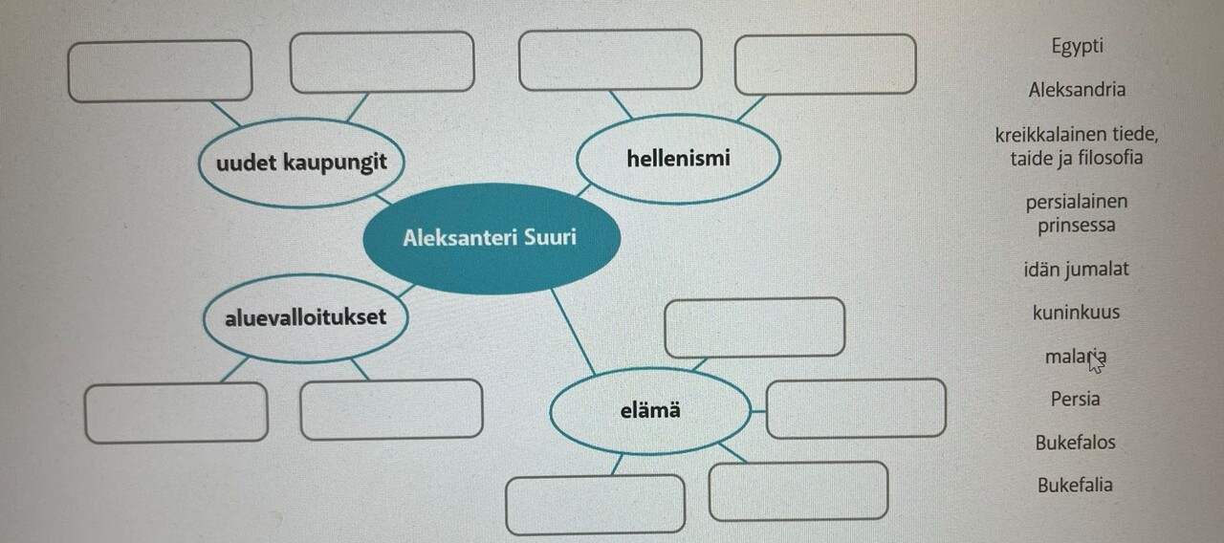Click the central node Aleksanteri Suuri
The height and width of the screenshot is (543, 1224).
pos(492,238)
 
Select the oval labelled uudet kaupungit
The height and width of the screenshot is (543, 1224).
pos(301,163)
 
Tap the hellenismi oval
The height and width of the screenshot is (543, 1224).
pos(678,159)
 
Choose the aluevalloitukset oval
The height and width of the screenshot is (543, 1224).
pos(305,318)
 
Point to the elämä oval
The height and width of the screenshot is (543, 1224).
pos(650,411)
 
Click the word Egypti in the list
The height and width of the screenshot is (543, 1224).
pos(1077,46)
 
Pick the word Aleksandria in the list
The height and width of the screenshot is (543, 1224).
pos(1077,90)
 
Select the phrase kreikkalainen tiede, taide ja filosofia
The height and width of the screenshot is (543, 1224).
pos(1077,146)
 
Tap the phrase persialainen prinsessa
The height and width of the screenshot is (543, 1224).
pos(1077,213)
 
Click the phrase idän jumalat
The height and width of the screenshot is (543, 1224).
pos(1076,270)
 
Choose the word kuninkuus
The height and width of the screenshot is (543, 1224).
pos(1076,313)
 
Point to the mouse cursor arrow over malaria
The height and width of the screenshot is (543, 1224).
pos(1095,362)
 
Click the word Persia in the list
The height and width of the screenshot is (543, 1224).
pos(1075,400)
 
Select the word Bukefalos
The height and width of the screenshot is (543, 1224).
pos(1075,443)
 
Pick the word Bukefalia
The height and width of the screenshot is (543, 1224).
pos(1075,485)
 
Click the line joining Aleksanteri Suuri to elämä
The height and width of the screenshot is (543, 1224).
pos(573,332)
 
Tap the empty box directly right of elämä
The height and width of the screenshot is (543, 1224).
pos(856,408)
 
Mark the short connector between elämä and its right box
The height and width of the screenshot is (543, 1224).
pos(758,411)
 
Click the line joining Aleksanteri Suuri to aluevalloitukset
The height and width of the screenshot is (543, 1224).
pos(406,292)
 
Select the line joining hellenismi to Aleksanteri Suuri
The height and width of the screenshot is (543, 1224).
pos(583,190)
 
